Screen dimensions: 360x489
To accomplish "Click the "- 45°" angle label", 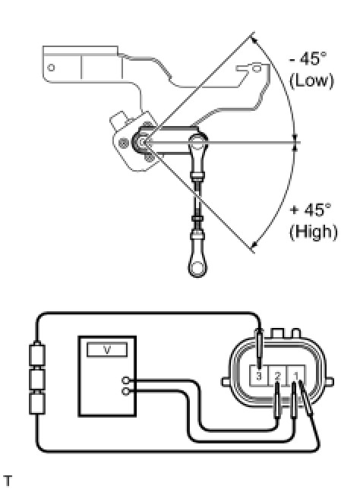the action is tap(308, 58).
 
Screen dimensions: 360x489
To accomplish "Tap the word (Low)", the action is tap(311, 80).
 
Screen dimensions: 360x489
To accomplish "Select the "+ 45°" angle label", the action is tap(310, 210).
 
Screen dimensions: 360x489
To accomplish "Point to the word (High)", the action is tap(313, 232).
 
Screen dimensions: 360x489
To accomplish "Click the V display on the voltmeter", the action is tap(107, 349).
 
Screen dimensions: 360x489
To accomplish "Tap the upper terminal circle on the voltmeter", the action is tap(125, 380).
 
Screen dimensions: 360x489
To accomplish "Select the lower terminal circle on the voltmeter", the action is tap(125, 391).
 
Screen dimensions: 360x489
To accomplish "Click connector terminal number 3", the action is tap(259, 376).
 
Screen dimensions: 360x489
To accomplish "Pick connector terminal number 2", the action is tap(277, 376).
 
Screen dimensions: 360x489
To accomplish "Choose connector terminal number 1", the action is tap(295, 376).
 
